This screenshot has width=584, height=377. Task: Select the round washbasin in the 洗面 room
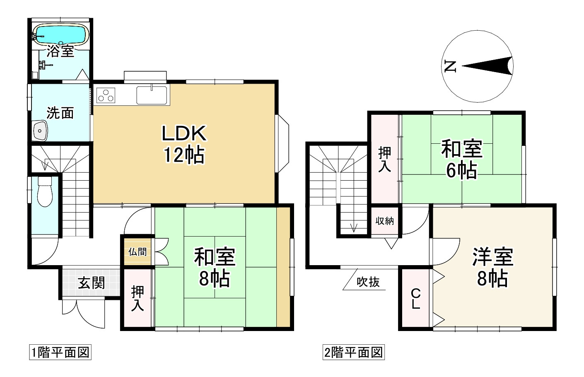(40, 131)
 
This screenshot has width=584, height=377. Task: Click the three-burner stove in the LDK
(106, 95)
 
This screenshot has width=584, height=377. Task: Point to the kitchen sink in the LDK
(152, 95)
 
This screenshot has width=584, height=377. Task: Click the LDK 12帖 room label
(183, 144)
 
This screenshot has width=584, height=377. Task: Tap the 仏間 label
(137, 251)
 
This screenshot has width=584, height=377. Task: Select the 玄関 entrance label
(91, 283)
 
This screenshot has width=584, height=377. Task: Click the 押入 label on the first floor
(138, 298)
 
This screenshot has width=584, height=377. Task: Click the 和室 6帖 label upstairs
(461, 159)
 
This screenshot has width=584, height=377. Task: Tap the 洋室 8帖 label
(492, 268)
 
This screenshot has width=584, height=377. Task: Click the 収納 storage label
(384, 221)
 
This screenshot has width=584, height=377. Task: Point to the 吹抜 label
(368, 282)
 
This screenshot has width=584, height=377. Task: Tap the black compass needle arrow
(489, 66)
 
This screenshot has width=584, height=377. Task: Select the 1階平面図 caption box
(60, 353)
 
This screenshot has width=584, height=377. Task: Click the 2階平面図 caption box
(353, 353)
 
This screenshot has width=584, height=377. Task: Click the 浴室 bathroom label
(60, 51)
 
